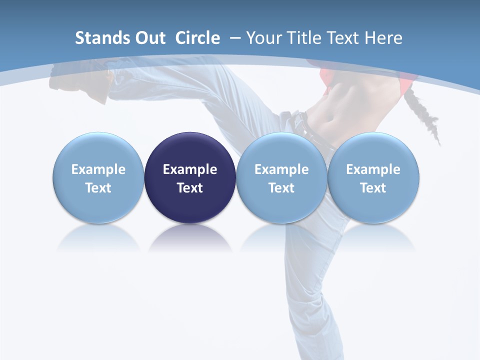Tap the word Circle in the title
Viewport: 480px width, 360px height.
[x=197, y=38]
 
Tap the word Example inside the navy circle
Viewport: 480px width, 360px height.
[x=190, y=169]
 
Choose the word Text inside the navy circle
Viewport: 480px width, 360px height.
[x=190, y=188]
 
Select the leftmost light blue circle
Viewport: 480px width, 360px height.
[x=98, y=177]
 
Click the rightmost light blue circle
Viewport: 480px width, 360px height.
[x=373, y=177]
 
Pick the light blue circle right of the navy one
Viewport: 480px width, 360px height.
[x=281, y=177]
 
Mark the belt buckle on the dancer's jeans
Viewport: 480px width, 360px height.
[x=299, y=120]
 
